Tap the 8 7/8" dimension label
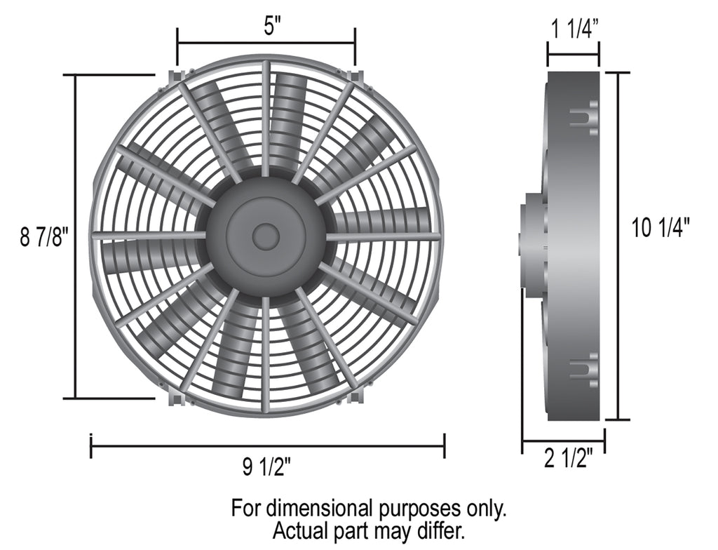click(x=44, y=237)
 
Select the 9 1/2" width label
click(x=266, y=467)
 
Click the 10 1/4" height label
click(x=661, y=227)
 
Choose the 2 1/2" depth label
click(x=569, y=458)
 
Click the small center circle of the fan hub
click(x=266, y=236)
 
